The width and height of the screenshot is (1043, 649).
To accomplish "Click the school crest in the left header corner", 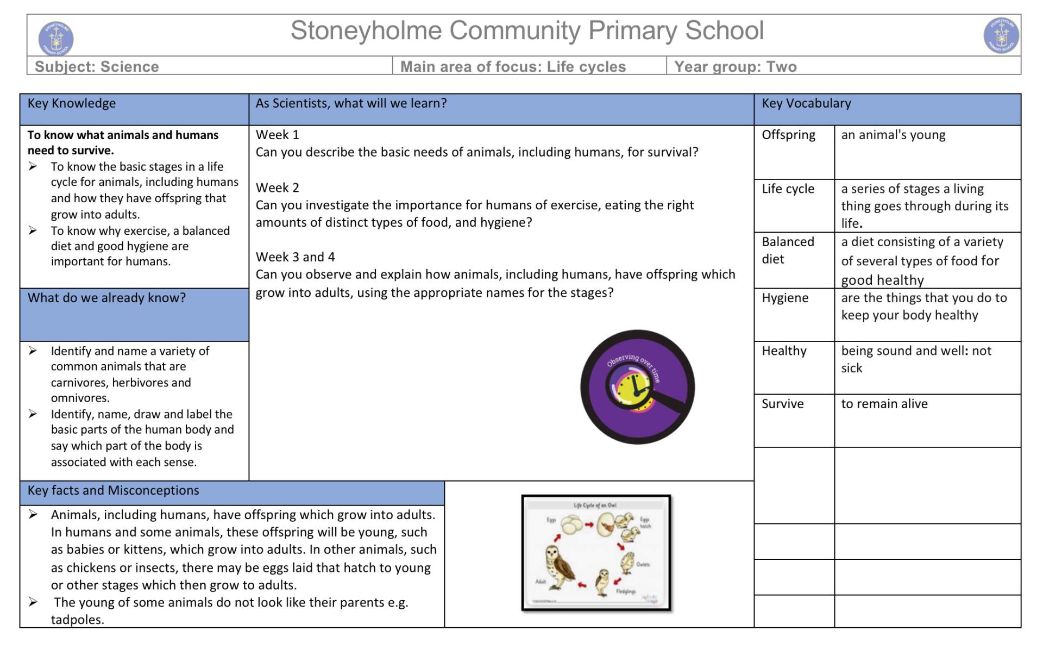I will coord(56,38).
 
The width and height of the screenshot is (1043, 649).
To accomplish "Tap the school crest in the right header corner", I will coord(1001,36).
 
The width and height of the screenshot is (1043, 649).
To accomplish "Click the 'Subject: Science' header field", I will coord(97,67).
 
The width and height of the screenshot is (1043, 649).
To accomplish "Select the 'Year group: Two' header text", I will coord(735,67).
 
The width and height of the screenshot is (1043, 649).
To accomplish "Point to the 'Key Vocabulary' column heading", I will coord(806,103).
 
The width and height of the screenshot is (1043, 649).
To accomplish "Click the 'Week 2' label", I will coord(277,188).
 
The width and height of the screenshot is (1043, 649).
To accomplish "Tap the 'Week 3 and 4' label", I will coord(295,257).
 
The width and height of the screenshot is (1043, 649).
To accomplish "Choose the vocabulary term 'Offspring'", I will coord(788,135).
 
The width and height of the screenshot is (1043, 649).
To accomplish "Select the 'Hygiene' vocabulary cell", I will coord(785,298).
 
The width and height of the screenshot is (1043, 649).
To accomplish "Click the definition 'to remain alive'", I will coord(884,404).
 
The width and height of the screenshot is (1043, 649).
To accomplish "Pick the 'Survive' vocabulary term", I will coord(782,404).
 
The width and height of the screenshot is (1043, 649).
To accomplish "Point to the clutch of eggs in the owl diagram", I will coord(571,525).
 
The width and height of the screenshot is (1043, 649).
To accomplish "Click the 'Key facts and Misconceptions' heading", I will coord(113,490).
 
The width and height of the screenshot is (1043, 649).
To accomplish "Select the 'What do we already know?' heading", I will coord(106,298).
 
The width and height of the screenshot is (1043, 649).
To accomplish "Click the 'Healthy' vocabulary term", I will coord(784,351).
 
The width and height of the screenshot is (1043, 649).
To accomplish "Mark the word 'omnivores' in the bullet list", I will coord(79,398).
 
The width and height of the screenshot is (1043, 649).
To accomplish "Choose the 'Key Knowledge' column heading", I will coord(71,103).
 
